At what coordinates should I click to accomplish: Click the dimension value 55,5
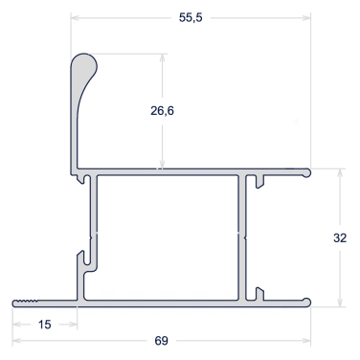click(191, 17)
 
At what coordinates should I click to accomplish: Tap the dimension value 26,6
click(162, 111)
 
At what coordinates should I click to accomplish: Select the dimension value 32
click(340, 237)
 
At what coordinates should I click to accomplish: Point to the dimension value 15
click(44, 325)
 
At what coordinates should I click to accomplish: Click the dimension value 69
click(161, 341)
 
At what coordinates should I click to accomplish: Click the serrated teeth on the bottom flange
click(28, 301)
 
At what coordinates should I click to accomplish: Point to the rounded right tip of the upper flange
click(306, 172)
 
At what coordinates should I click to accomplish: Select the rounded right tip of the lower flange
click(306, 303)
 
